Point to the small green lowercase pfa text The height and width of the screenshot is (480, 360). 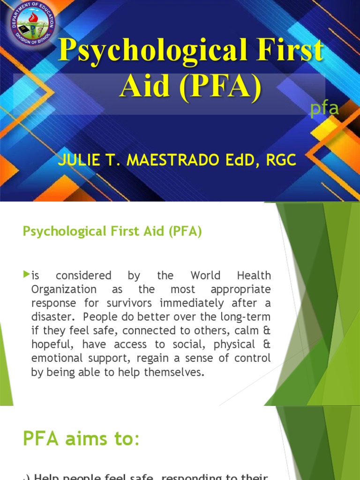tap(325, 109)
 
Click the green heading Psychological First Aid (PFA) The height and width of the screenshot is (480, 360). tap(112, 232)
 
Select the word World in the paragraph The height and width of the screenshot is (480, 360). tap(206, 275)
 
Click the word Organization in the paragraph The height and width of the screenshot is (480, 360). tap(63, 289)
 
